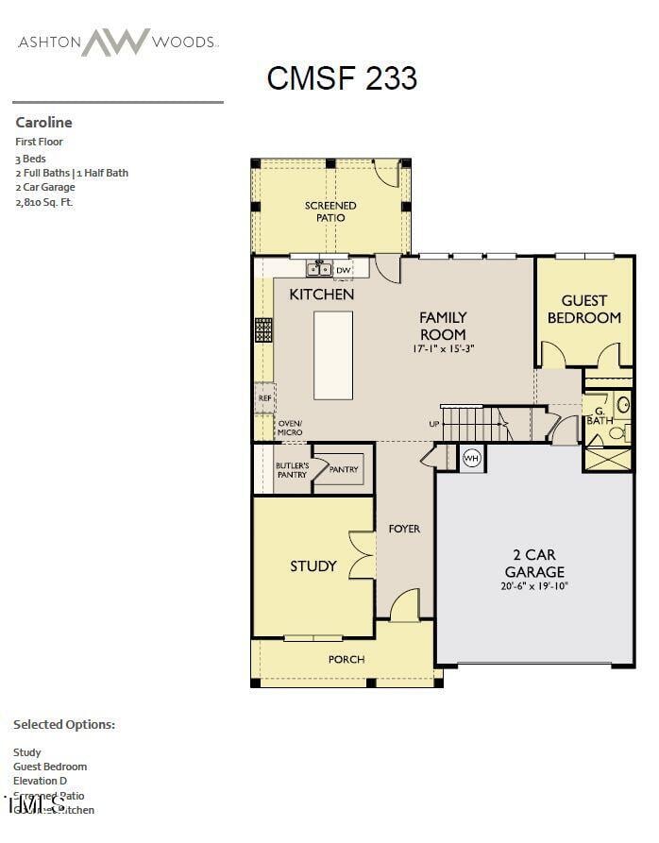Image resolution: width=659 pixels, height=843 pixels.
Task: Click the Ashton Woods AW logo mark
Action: [x=115, y=42]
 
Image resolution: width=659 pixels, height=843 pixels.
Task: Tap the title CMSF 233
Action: [x=342, y=77]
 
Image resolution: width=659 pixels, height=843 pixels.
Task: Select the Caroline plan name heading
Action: [x=43, y=122]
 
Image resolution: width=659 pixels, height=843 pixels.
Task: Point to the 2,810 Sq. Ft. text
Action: [x=43, y=201]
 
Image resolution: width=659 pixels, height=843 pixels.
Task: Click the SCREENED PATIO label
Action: [x=330, y=211]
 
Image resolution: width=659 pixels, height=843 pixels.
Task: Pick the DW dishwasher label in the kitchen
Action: [x=343, y=270]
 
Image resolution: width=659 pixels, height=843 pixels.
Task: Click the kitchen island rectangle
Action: [x=333, y=356]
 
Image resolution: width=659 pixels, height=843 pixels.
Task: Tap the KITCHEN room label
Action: [x=322, y=295]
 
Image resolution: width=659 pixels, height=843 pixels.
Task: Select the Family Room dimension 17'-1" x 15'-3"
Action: [x=443, y=348]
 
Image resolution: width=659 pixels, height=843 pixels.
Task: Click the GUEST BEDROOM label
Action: [x=584, y=309]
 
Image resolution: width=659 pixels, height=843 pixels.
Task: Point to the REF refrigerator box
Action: [x=264, y=398]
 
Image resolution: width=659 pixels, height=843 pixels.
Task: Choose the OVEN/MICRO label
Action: [x=290, y=428]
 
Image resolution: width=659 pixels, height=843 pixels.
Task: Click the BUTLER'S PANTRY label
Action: [x=292, y=470]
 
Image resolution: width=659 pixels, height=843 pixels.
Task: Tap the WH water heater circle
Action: [x=471, y=459]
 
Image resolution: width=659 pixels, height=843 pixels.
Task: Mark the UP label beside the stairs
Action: [x=434, y=424]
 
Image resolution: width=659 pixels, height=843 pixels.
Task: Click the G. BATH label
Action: [x=600, y=414]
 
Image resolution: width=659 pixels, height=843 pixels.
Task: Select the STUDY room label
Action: [x=313, y=566]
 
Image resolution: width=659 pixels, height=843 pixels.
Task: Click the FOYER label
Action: [x=405, y=529]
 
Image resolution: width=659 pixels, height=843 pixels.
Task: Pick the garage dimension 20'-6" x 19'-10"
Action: [x=534, y=586]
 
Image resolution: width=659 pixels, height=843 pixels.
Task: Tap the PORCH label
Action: [x=346, y=659]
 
